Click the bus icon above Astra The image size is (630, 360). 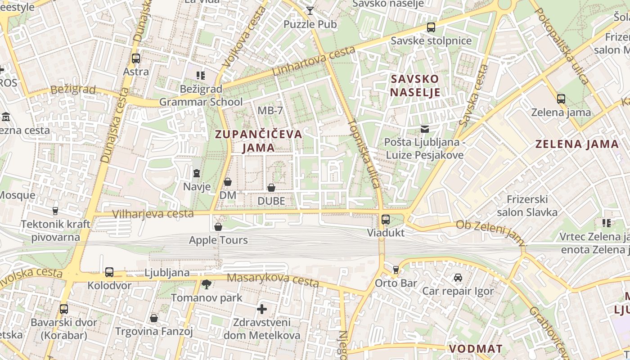click(x=135, y=58)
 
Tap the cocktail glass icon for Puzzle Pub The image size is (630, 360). click(x=310, y=11)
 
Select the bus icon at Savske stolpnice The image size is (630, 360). click(x=431, y=27)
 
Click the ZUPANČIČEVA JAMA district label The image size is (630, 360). click(x=258, y=141)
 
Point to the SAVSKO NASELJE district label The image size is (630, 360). click(x=415, y=85)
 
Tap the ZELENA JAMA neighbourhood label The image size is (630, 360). click(x=577, y=144)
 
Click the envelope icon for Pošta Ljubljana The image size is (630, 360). click(x=424, y=130)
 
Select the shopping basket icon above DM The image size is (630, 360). click(x=228, y=182)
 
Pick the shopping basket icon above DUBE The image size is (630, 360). click(x=271, y=188)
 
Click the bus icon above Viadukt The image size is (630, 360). click(x=386, y=220)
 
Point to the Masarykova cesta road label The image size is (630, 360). click(x=273, y=280)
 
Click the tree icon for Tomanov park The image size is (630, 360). click(x=207, y=284)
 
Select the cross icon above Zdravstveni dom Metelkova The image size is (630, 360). click(x=262, y=309)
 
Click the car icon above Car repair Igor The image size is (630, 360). click(x=458, y=278)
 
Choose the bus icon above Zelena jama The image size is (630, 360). click(x=561, y=99)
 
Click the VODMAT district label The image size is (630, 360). click(x=476, y=349)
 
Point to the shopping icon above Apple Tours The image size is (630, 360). click(x=218, y=227)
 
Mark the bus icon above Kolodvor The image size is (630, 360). click(x=109, y=272)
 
